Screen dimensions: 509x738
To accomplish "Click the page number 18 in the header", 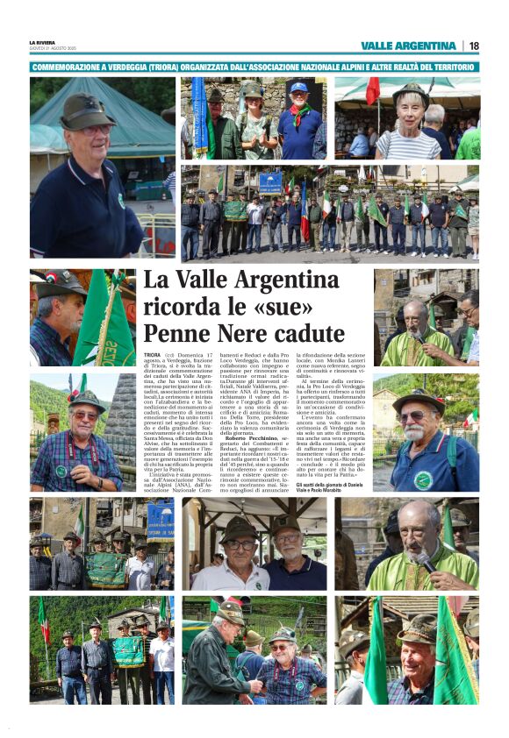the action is point(474,46).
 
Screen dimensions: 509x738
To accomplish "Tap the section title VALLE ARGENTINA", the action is point(408,46).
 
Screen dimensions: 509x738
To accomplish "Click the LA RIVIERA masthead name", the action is point(41,42).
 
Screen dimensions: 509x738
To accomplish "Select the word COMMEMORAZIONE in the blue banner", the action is point(68,67).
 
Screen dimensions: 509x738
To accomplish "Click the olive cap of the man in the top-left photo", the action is point(85,111).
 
